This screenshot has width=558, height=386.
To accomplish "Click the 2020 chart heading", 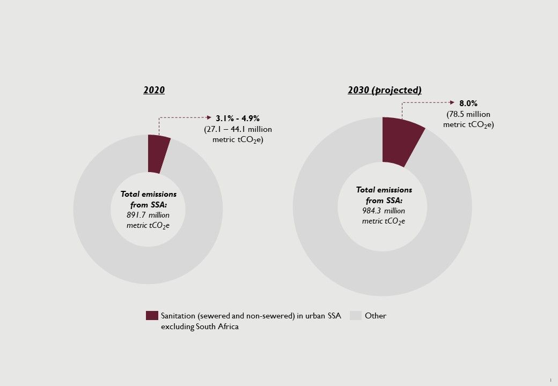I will pos(154,90).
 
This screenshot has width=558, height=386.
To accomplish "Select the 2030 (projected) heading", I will pos(384,90).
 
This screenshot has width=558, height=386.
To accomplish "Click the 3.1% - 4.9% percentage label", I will pos(238,118).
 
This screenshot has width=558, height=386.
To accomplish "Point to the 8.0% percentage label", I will pos(468,103).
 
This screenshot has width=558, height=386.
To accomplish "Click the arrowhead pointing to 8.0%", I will pos(454,102).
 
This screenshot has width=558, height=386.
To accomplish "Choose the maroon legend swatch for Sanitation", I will pos(152,315).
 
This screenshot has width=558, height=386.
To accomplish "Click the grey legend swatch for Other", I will pos(356,315).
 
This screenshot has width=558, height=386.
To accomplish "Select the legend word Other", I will pos(376,316).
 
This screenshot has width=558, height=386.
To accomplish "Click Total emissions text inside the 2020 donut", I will pos(148,194).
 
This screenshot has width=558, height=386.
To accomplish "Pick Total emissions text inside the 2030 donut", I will pos(384,190).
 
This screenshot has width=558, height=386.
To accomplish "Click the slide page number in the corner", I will pos(550,380).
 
